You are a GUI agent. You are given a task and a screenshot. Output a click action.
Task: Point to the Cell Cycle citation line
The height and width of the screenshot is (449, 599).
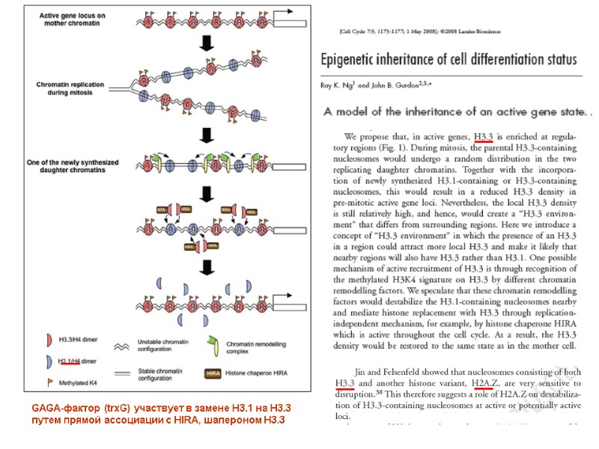click(x=419, y=32)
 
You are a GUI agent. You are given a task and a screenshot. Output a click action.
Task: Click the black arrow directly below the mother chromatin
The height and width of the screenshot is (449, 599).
click(x=207, y=44)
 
